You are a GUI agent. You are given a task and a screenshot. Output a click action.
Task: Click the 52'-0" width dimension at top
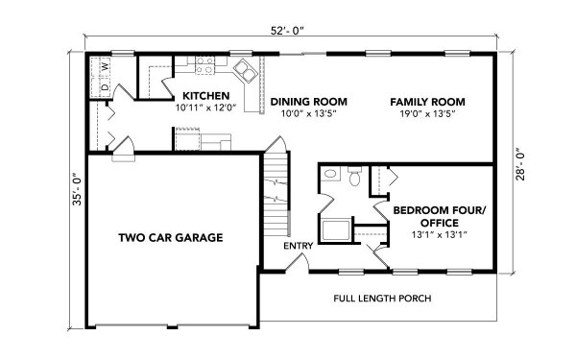point(288,31)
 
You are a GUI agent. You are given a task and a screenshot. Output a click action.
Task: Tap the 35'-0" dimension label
point(77,189)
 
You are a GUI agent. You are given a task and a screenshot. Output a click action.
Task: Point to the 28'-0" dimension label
point(520,164)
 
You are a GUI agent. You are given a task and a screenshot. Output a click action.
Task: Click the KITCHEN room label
point(206,96)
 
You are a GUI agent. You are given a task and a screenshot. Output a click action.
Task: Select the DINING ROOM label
point(308,102)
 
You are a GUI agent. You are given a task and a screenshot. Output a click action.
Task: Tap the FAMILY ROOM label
point(427,102)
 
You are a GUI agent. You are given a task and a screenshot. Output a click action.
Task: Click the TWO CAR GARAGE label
point(171,237)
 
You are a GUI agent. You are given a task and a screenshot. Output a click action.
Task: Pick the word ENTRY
point(299,246)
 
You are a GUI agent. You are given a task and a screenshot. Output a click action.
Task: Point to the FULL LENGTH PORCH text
point(382,298)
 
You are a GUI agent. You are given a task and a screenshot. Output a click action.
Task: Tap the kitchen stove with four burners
point(204,65)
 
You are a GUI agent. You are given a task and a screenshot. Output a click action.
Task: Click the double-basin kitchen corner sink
point(245,71)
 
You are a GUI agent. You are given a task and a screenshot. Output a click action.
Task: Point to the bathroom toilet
point(354,176)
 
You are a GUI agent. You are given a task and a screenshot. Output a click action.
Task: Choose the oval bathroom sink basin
point(330,174)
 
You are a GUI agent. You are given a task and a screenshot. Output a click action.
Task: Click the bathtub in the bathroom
point(336,230)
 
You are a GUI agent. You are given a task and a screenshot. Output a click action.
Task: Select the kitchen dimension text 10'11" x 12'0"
point(205,108)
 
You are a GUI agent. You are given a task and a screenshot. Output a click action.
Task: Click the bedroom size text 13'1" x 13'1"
point(440,234)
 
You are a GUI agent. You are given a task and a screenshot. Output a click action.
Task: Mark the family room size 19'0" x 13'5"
point(427,113)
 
